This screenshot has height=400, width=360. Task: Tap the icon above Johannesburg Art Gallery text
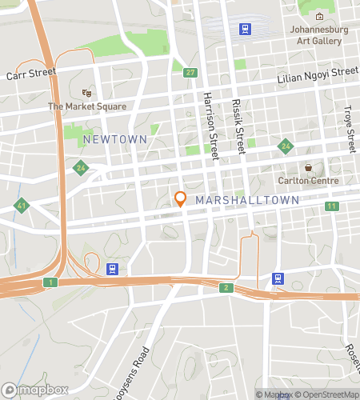tap(319, 17)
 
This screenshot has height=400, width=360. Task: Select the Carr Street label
tap(32, 74)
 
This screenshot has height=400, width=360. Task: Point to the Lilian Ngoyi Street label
tap(317, 74)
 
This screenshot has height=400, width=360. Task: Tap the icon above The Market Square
tap(86, 93)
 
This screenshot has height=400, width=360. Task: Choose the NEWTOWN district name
tap(115, 139)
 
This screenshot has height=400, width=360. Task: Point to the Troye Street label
tap(348, 120)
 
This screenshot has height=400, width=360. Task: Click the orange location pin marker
tap(181, 198)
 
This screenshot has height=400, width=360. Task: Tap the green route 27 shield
tap(190, 73)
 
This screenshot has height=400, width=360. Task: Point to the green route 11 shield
tap(331, 206)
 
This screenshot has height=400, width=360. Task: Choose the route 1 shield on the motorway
tap(50, 282)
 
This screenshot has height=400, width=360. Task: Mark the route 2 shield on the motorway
tap(227, 287)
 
